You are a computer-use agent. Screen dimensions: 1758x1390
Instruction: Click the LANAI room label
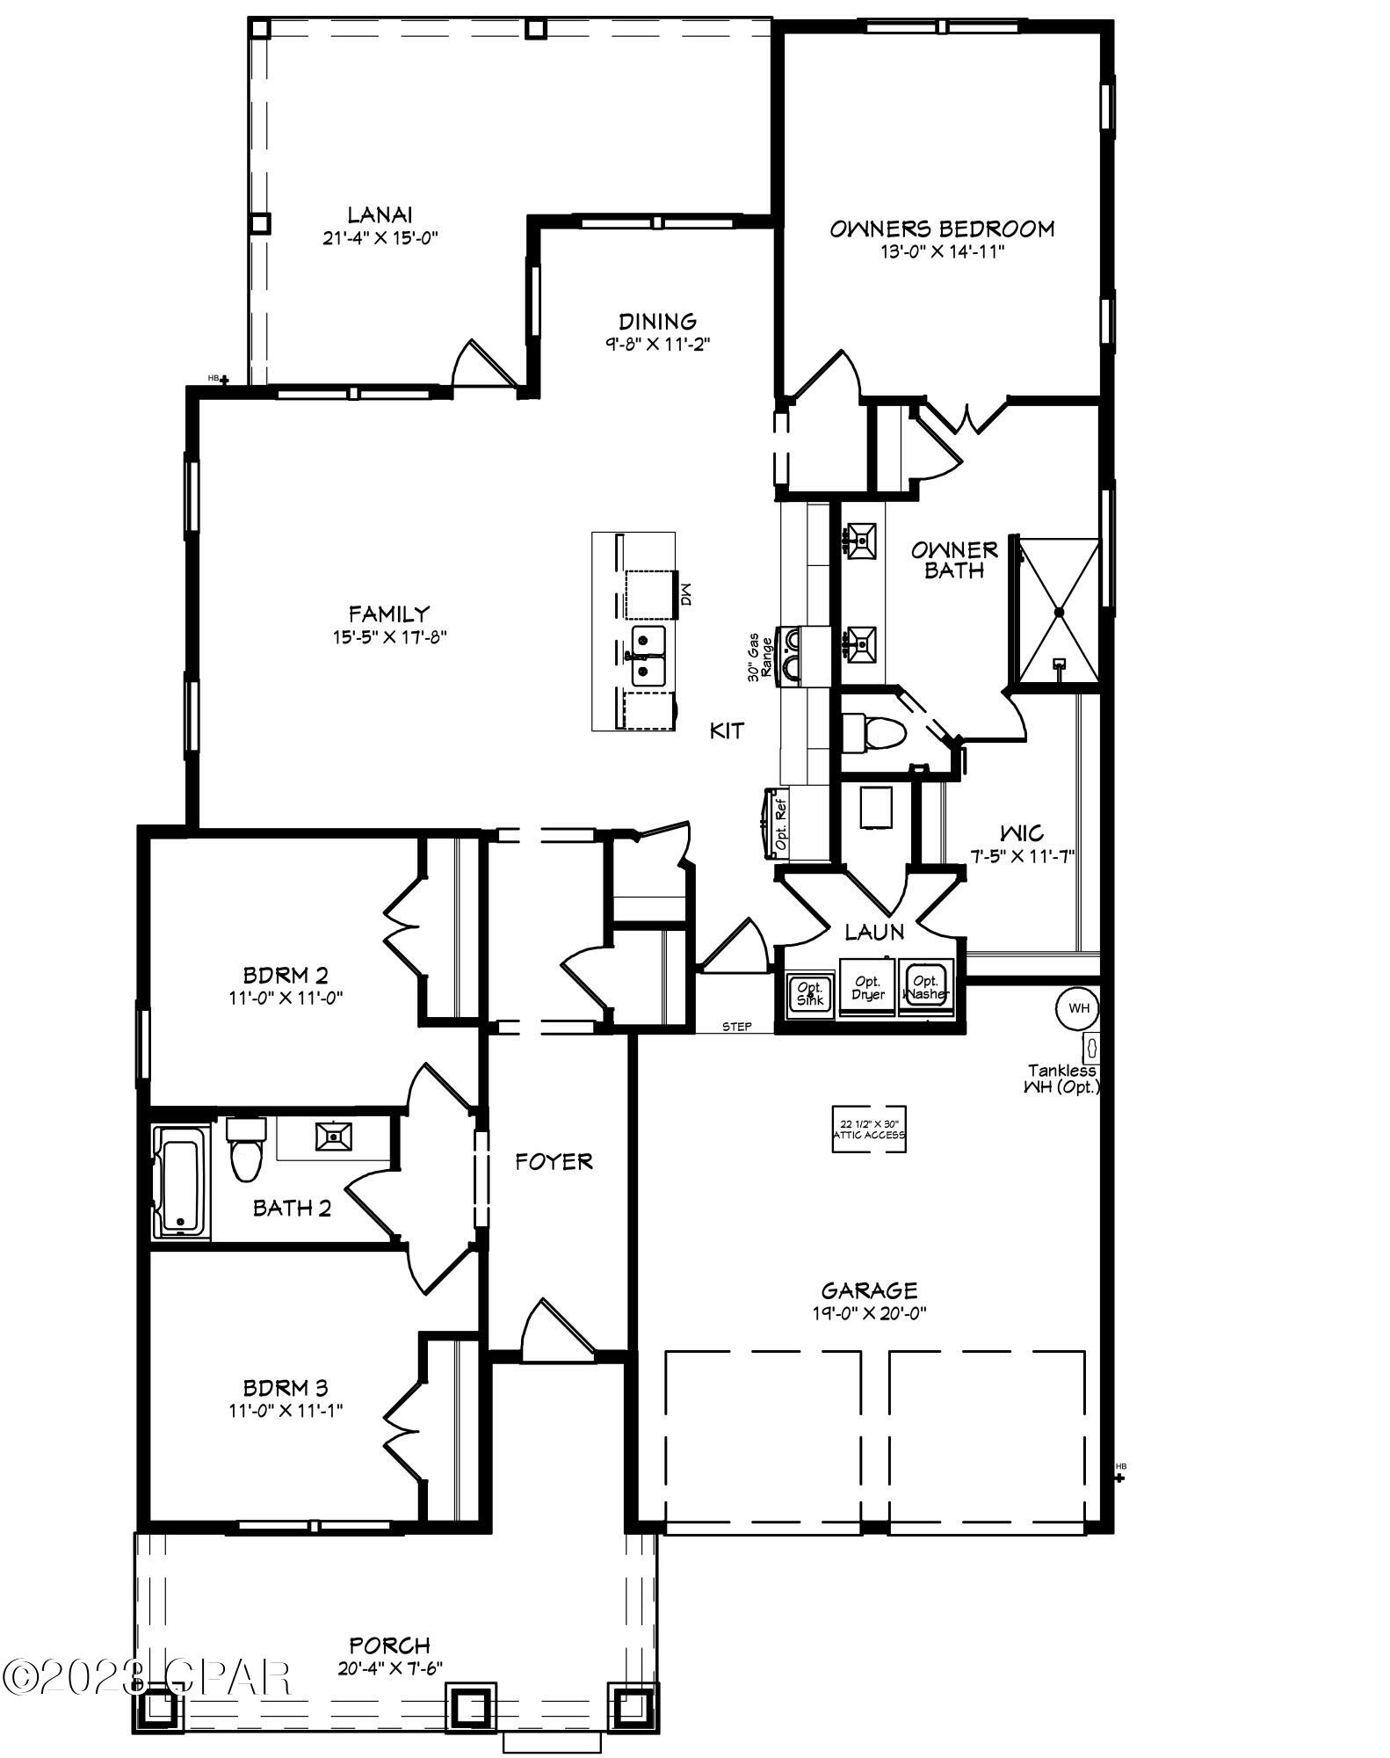pyautogui.click(x=380, y=214)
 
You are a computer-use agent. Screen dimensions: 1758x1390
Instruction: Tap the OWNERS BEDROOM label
pyautogui.click(x=942, y=229)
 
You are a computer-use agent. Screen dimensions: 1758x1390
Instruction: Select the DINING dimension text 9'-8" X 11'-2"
pyautogui.click(x=657, y=345)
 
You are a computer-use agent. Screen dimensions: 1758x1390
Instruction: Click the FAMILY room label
pyautogui.click(x=388, y=614)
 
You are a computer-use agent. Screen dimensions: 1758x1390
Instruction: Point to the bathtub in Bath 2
pyautogui.click(x=181, y=1181)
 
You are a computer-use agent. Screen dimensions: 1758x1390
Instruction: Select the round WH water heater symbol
pyautogui.click(x=1078, y=1008)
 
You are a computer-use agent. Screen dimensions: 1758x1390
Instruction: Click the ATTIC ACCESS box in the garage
pyautogui.click(x=868, y=1130)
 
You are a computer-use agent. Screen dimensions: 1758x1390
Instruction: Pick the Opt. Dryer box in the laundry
pyautogui.click(x=867, y=988)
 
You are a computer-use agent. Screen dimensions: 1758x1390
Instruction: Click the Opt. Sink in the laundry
pyautogui.click(x=807, y=993)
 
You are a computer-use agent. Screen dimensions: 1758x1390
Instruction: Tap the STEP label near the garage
pyautogui.click(x=736, y=1026)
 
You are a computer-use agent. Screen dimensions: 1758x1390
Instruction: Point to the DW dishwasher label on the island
pyautogui.click(x=686, y=597)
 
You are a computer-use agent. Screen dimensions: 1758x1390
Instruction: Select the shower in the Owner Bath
pyautogui.click(x=1059, y=611)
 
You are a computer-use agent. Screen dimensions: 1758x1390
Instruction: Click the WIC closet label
pyautogui.click(x=1022, y=832)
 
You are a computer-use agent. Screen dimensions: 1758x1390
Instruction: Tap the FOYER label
pyautogui.click(x=554, y=1162)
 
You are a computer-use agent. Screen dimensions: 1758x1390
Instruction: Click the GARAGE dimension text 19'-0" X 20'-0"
pyautogui.click(x=869, y=1313)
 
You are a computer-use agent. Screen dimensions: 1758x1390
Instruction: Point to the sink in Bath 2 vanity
pyautogui.click(x=334, y=1137)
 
